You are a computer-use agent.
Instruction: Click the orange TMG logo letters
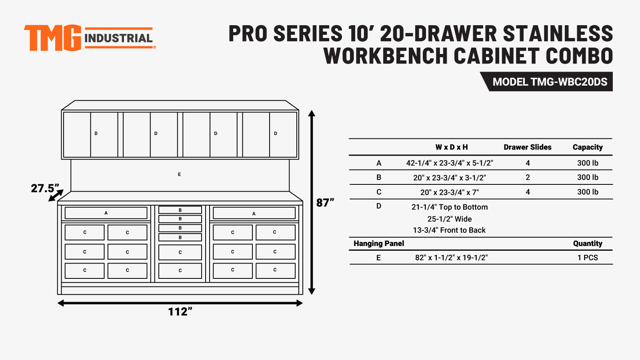tap(53, 38)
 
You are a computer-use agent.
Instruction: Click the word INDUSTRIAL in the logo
tap(118, 38)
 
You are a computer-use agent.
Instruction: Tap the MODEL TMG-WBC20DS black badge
tap(546, 82)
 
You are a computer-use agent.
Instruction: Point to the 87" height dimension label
tap(325, 202)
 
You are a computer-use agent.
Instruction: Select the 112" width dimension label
tap(180, 312)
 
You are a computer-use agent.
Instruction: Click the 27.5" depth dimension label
tap(45, 188)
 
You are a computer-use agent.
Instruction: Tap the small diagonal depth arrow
tap(56, 196)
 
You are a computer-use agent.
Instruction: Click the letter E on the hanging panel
tap(180, 174)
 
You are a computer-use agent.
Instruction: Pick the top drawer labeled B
tap(180, 210)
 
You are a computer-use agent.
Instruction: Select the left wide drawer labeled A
tap(106, 213)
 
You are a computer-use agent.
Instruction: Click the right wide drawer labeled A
tap(254, 213)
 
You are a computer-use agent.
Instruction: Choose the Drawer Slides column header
tap(528, 147)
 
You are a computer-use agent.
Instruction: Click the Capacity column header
tap(588, 147)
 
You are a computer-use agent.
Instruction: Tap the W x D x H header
tap(452, 147)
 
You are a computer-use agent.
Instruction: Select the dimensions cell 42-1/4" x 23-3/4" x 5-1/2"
tap(450, 163)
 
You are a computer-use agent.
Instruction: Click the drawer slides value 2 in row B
tap(528, 178)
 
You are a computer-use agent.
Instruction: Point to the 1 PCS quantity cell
tap(588, 258)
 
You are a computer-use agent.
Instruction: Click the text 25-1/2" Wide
tap(450, 219)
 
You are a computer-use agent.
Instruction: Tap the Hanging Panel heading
tap(379, 244)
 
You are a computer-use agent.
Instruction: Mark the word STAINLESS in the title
tap(558, 34)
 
